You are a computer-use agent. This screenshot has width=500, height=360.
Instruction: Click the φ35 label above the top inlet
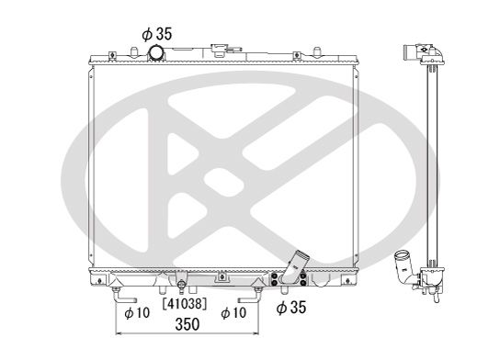point(157,34)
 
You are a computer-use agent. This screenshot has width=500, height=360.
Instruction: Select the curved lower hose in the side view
point(403,266)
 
